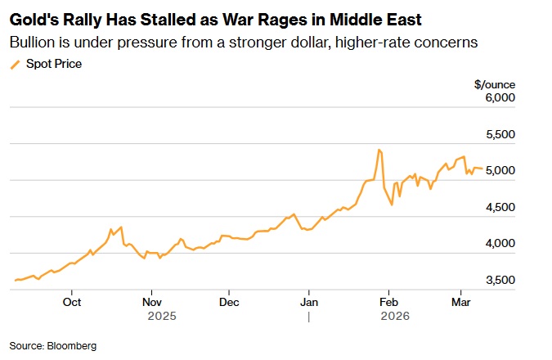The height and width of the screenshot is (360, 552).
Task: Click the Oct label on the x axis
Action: pos(72,300)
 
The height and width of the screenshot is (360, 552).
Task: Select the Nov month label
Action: pos(151,300)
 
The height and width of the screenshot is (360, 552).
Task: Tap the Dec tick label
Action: pos(230,300)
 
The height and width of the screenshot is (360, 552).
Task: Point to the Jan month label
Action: pos(309,300)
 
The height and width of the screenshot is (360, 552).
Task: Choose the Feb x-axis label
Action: pos(388,300)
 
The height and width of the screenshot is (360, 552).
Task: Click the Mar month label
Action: pos(460,300)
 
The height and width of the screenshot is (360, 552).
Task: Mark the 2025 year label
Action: pos(162,314)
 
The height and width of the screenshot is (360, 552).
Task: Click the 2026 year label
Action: pos(397,314)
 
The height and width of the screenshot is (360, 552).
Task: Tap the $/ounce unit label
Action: pos(494,83)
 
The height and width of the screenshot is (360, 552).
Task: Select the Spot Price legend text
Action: pos(54,63)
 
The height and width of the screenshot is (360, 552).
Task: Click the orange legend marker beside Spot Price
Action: pos(15,64)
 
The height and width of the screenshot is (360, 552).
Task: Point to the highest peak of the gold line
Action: pos(379,150)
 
